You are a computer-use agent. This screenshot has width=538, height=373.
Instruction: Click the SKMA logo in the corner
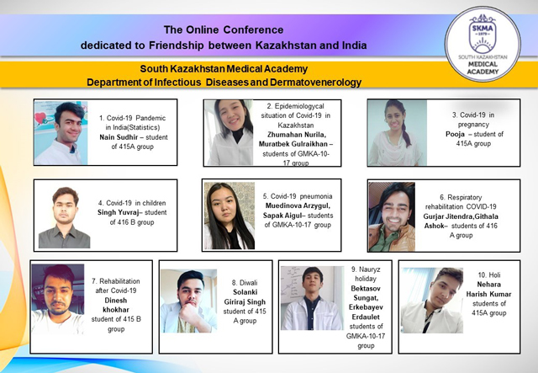(483, 45)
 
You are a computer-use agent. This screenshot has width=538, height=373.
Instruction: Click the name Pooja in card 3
(455, 134)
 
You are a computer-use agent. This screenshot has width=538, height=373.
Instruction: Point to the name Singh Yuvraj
(118, 212)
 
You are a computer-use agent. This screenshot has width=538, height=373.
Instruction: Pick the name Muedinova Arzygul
(298, 205)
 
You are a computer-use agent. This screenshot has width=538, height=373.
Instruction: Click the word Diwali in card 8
(249, 283)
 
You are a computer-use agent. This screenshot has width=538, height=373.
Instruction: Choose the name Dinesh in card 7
(116, 300)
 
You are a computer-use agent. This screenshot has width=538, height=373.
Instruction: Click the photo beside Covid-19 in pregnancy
(398, 133)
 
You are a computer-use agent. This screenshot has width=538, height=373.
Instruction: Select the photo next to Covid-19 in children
(64, 217)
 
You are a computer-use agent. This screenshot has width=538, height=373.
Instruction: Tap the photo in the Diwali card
(188, 301)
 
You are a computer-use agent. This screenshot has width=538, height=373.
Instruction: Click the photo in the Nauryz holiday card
(312, 298)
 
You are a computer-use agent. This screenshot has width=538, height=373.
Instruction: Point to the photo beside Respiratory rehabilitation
(392, 217)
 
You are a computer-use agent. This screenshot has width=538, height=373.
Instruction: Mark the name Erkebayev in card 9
(366, 307)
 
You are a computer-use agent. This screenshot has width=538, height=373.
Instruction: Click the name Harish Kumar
(488, 295)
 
